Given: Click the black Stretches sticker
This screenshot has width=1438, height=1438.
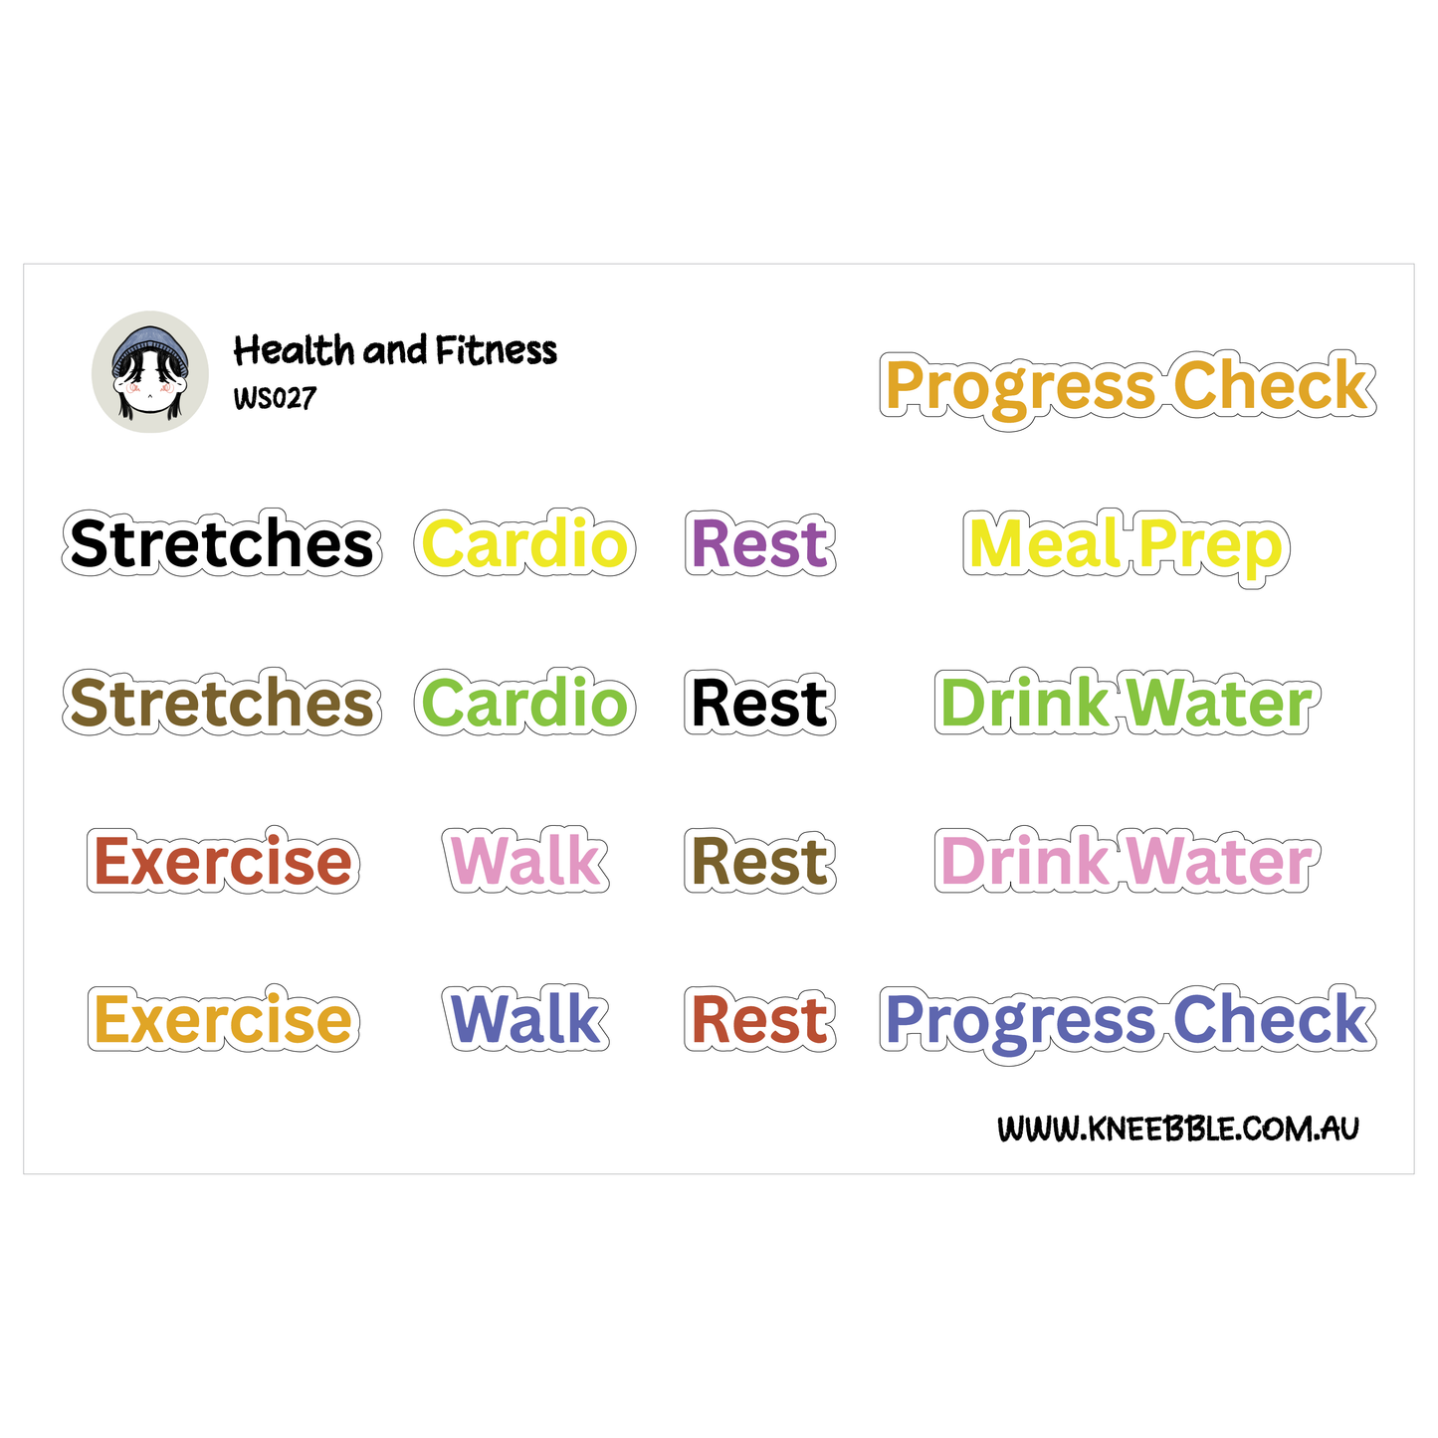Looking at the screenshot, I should [222, 544].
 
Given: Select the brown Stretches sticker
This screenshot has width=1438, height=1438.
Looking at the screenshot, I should [222, 704].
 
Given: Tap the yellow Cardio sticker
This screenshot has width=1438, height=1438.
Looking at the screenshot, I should [524, 544].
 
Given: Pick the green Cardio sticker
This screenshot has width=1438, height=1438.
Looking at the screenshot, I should [524, 704].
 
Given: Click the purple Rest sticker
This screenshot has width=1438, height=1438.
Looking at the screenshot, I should [759, 544].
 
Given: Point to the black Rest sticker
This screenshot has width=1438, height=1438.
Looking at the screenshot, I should [759, 704].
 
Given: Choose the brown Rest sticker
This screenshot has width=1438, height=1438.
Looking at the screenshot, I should [759, 862].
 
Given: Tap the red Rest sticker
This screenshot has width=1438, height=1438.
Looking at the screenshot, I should [759, 1020].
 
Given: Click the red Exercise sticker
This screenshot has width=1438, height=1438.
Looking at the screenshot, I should [223, 862].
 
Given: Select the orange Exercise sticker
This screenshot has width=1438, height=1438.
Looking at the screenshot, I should [223, 1020].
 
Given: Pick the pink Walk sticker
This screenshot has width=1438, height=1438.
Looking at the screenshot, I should [525, 861].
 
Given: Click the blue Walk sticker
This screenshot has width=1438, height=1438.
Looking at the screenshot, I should [525, 1019].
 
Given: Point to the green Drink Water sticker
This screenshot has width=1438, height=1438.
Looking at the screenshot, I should [1126, 704].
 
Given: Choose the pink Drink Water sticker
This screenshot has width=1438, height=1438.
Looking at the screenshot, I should [1126, 862].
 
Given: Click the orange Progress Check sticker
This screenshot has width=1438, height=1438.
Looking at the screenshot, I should [1128, 387].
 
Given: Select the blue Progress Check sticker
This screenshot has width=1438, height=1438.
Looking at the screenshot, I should [1128, 1021].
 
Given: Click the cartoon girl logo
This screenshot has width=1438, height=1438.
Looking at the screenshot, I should [150, 372].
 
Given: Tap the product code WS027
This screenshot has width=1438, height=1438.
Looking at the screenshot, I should [275, 398].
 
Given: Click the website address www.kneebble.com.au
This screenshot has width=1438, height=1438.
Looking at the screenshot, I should [1177, 1129].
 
